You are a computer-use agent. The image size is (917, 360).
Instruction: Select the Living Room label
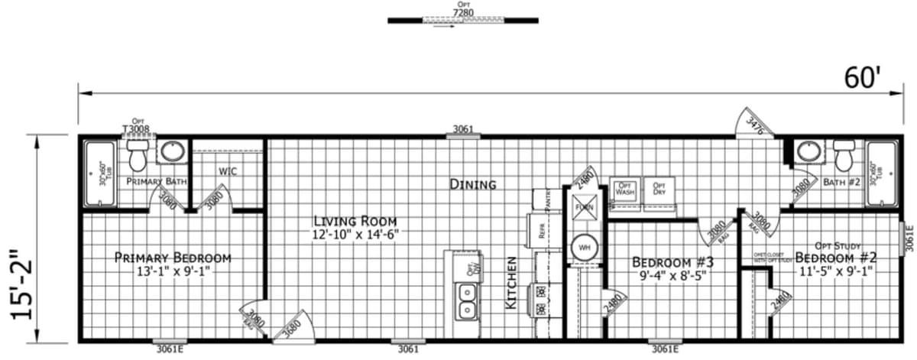(356, 226)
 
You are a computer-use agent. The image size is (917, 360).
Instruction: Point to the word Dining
(472, 184)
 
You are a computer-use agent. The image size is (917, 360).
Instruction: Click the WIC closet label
(228, 171)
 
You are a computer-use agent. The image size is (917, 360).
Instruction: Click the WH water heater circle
(584, 247)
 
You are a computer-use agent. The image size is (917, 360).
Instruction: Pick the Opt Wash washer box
(625, 190)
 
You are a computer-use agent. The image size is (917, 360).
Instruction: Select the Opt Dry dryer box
(658, 190)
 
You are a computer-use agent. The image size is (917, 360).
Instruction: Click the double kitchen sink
(465, 300)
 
